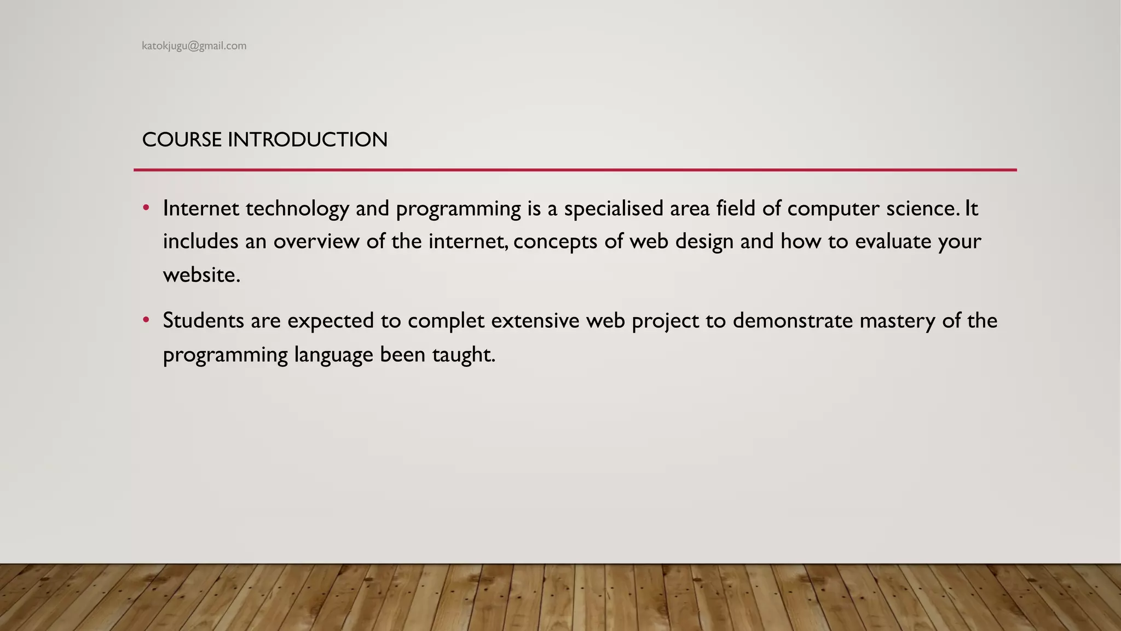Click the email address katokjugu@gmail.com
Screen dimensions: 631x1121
(x=194, y=46)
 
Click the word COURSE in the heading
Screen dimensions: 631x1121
(x=182, y=140)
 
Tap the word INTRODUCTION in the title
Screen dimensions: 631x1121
(x=307, y=140)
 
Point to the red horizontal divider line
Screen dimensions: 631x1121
(x=575, y=170)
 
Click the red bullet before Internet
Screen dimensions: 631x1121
(x=146, y=208)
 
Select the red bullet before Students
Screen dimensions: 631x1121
(x=146, y=320)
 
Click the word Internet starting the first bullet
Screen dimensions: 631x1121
(x=201, y=209)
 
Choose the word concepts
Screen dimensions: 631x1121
(x=555, y=242)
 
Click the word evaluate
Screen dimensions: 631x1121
(x=893, y=242)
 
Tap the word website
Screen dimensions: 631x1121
(x=200, y=275)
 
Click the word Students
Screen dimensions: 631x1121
(x=203, y=321)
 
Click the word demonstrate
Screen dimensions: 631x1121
(x=793, y=321)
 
